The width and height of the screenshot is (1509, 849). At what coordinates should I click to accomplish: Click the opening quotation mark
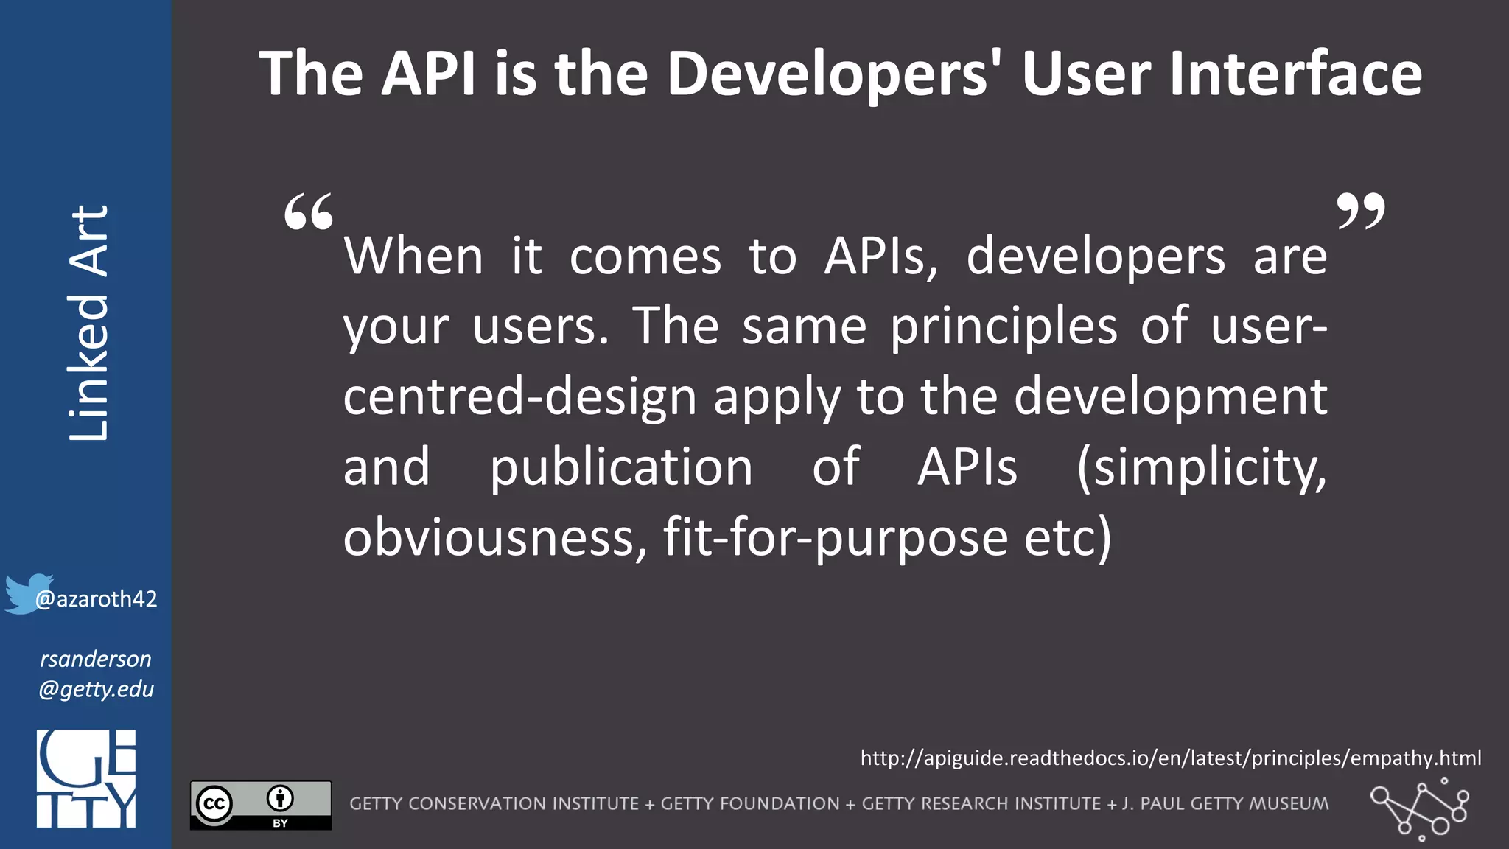click(309, 212)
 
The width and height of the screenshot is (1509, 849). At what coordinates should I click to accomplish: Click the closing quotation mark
click(1360, 212)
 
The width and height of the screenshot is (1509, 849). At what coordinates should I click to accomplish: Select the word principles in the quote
click(1004, 327)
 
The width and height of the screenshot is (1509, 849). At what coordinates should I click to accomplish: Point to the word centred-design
click(519, 396)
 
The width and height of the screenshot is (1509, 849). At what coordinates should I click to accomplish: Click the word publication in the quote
click(621, 467)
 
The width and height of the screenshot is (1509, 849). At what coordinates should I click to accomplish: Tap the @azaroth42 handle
click(97, 599)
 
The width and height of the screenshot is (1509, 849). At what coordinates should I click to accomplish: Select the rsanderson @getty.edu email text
click(96, 674)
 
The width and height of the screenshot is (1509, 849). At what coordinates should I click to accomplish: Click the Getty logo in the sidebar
click(86, 778)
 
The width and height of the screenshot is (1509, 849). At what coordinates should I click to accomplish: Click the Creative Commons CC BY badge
click(261, 805)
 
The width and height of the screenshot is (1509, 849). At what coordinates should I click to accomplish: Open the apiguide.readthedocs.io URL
click(1170, 758)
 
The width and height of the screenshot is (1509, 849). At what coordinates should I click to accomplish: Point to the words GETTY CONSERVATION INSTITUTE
click(494, 804)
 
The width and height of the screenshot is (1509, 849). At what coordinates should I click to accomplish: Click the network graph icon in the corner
click(1419, 809)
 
